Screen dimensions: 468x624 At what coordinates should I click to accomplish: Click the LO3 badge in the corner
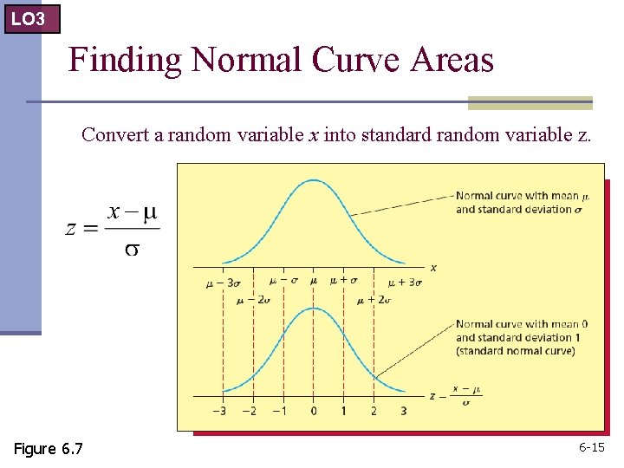point(31,17)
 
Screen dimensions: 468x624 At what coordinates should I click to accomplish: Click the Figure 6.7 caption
point(49,448)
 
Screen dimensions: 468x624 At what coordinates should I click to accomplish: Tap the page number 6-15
point(591,447)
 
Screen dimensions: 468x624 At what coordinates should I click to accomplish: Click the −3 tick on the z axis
point(221,410)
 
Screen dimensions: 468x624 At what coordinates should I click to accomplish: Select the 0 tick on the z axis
point(313,410)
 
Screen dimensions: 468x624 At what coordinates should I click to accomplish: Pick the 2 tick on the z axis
point(374,410)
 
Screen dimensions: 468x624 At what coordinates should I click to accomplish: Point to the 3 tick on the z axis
point(404,410)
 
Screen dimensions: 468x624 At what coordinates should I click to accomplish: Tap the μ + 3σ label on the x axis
point(405,283)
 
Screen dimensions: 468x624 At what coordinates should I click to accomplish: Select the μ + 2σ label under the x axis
point(374,300)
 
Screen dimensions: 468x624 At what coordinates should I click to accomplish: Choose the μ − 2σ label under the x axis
point(253,300)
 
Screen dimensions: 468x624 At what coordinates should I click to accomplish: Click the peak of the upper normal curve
point(313,180)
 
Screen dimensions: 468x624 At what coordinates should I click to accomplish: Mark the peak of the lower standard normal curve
point(313,309)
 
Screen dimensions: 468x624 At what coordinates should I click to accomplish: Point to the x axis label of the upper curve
point(433,268)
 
